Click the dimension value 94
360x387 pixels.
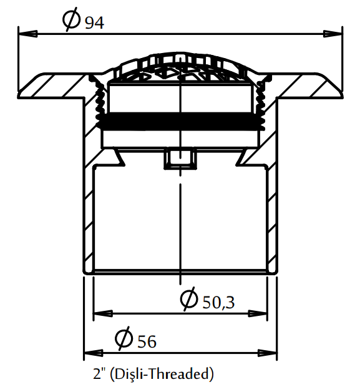pyautogui.click(x=94, y=23)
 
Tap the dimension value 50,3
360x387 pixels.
pyautogui.click(x=218, y=302)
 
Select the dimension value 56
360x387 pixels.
pyautogui.click(x=147, y=341)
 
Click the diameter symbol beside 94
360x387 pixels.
pyautogui.click(x=71, y=19)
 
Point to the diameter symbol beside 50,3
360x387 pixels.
pyautogui.click(x=189, y=298)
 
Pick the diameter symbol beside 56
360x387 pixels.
pyautogui.click(x=124, y=338)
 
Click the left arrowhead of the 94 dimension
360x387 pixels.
pyautogui.click(x=28, y=34)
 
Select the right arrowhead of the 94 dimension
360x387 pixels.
pyautogui.click(x=333, y=34)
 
